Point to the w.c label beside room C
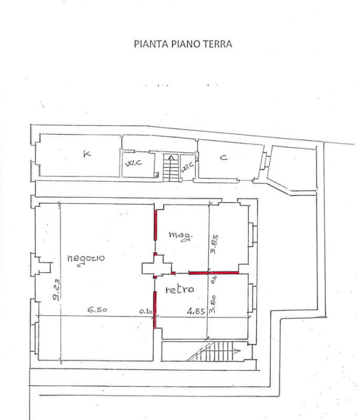pos(187,167)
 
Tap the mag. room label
pos(181,236)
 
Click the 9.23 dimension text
pos(56,289)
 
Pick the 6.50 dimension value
pos(98,310)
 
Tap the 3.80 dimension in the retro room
pos(213,304)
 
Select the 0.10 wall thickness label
pos(145,311)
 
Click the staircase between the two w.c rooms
pos(171,167)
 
